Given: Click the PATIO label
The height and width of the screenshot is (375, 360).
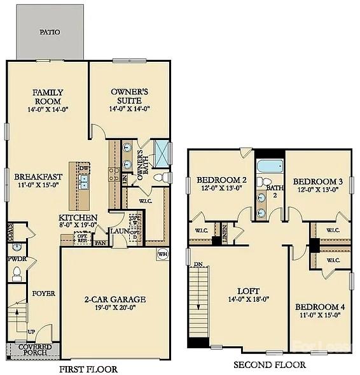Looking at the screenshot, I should point(50,31).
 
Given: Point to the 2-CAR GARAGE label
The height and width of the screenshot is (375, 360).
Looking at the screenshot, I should point(114,299).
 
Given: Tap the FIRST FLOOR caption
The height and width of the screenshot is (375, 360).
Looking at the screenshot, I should point(88,369).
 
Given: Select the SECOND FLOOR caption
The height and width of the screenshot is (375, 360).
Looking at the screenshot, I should point(269,365).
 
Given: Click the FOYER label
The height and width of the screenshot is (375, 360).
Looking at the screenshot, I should point(44,294).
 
